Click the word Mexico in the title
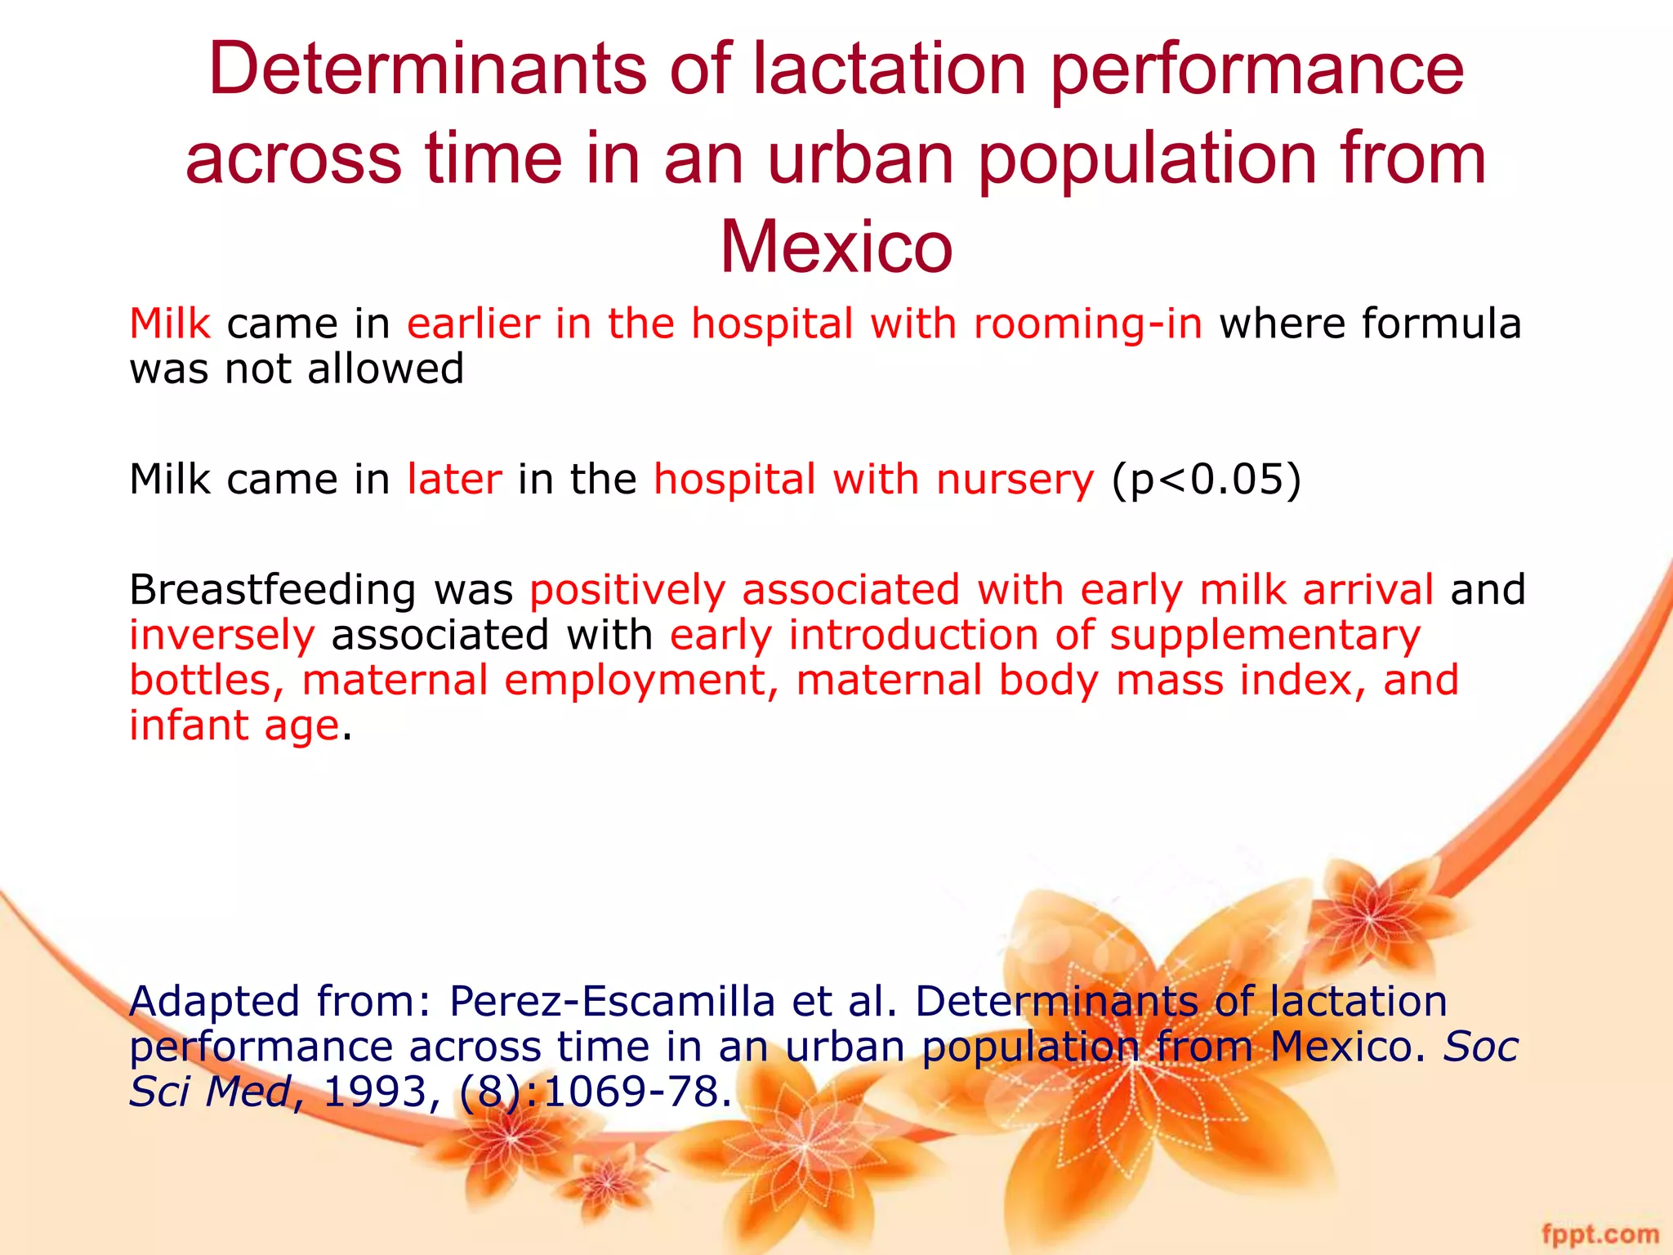[836, 247]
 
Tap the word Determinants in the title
[427, 69]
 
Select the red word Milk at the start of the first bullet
[170, 324]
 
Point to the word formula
[1441, 324]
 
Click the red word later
[454, 479]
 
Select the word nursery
[1015, 480]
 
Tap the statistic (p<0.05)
[1206, 480]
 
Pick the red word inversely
[222, 635]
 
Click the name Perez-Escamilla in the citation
[612, 1002]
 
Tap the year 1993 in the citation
[375, 1092]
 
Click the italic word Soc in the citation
[1480, 1047]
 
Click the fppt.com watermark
[1599, 1233]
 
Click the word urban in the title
[861, 159]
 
